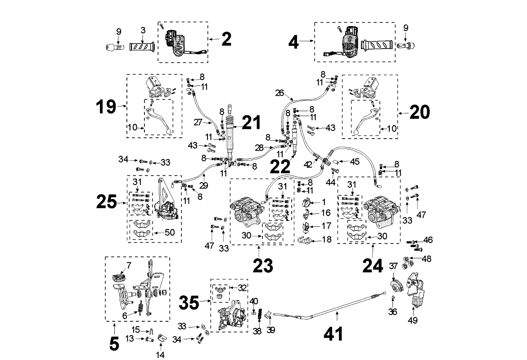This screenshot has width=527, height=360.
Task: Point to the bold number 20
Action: (x=419, y=112)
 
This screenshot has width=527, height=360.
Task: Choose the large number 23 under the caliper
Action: (x=262, y=265)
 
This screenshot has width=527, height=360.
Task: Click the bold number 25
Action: (x=108, y=202)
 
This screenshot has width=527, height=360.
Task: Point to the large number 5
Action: (x=114, y=344)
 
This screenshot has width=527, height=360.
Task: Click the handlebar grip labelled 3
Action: (x=142, y=46)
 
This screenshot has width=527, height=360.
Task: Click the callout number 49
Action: (x=412, y=321)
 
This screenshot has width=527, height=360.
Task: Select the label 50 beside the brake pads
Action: (x=171, y=233)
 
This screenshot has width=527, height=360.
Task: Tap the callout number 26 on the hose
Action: (x=279, y=94)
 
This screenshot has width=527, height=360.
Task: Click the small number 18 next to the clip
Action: (x=327, y=240)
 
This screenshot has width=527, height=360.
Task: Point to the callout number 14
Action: (x=161, y=355)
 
